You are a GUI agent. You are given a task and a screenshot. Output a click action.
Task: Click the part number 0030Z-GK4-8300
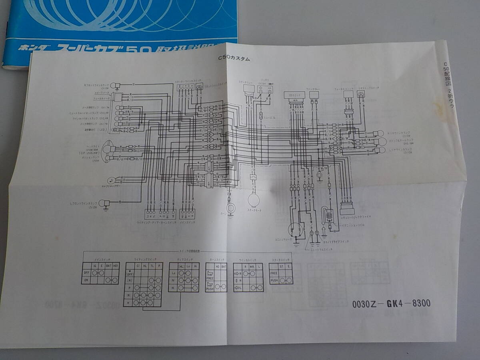(391, 304)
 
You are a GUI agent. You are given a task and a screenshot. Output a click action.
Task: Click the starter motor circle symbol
(253, 199)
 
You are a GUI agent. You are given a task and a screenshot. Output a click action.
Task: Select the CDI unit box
(294, 95)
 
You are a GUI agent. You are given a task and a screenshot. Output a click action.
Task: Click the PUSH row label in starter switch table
(274, 281)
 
